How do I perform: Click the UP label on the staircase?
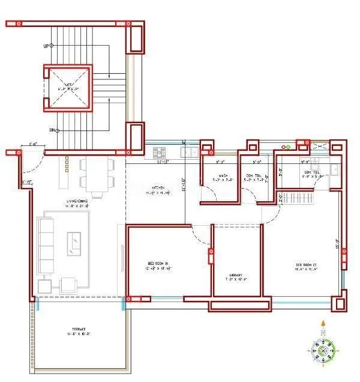pos(46,46)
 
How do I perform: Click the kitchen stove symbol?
pos(160,151)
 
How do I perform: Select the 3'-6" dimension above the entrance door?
pos(33,144)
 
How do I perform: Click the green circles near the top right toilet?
pos(287,147)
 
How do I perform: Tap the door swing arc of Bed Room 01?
pos(202,237)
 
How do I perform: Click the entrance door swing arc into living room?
pos(36,165)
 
